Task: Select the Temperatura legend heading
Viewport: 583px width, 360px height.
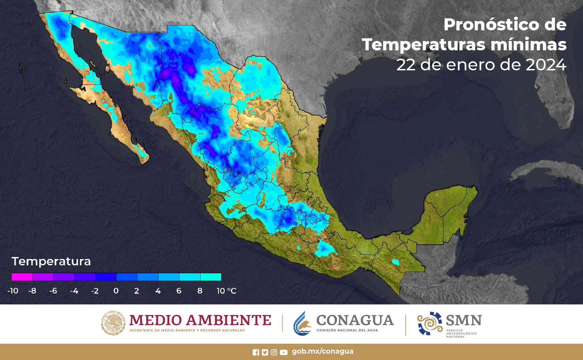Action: pyautogui.click(x=51, y=261)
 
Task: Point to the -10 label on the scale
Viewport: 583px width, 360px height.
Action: pyautogui.click(x=13, y=291)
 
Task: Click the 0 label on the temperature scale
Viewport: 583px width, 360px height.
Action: pyautogui.click(x=116, y=291)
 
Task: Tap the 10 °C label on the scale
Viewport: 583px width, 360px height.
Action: pyautogui.click(x=226, y=291)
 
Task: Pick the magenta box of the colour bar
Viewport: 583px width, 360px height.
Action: pyautogui.click(x=22, y=277)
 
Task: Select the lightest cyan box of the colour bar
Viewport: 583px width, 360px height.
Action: pyautogui.click(x=211, y=277)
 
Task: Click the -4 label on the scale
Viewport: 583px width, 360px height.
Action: pyautogui.click(x=74, y=291)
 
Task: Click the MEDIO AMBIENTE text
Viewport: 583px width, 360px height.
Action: pyautogui.click(x=200, y=320)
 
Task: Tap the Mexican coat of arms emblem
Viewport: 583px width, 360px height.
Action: pyautogui.click(x=113, y=323)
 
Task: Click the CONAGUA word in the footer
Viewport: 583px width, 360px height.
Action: pyautogui.click(x=355, y=320)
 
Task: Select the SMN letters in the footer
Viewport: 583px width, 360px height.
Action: pyautogui.click(x=464, y=320)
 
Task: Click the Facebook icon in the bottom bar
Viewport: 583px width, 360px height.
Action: pyautogui.click(x=256, y=352)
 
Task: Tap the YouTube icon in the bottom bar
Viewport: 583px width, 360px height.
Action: pyautogui.click(x=284, y=352)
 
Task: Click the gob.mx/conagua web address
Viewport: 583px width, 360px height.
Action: pyautogui.click(x=322, y=351)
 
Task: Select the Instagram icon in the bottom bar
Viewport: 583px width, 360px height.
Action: pyautogui.click(x=274, y=352)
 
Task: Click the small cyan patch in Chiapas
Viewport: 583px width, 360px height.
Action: pyautogui.click(x=395, y=262)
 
